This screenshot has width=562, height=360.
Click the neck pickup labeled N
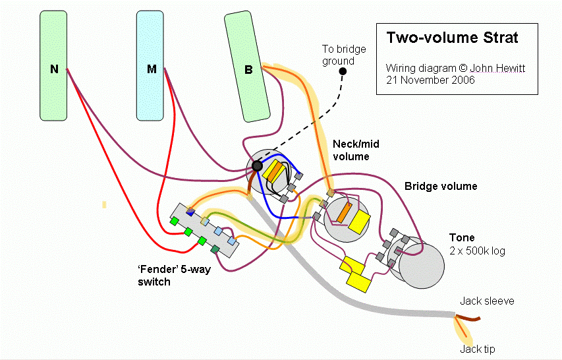(53, 66)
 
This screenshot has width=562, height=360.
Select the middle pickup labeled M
(150, 66)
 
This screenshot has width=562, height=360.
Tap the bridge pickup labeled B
(247, 67)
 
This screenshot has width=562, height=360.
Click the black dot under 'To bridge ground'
(343, 71)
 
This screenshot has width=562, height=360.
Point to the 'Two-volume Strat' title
(453, 38)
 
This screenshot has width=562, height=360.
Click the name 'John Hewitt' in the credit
(497, 68)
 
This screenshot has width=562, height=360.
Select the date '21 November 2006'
(430, 80)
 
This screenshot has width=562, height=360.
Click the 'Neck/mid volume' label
(356, 150)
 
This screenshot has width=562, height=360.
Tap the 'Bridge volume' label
(441, 186)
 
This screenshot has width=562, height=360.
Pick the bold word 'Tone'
(462, 238)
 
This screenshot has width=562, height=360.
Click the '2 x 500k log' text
(478, 251)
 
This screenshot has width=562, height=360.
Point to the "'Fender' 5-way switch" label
(174, 276)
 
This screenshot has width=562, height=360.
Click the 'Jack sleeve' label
(487, 301)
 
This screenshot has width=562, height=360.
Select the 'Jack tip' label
(478, 349)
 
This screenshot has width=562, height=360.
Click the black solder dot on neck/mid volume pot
(257, 165)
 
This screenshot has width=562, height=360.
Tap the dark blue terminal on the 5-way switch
(190, 212)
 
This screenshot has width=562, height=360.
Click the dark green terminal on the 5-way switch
(215, 249)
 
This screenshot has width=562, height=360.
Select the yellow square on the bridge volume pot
(359, 222)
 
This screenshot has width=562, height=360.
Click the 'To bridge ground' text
(344, 55)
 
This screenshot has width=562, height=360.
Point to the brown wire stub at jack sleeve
(468, 318)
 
